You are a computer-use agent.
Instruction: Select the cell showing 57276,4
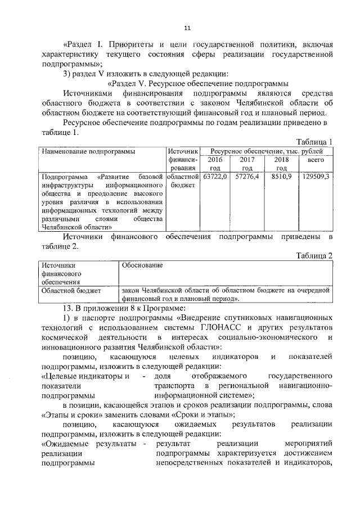click(246, 176)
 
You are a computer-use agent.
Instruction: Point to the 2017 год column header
click(246, 164)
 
